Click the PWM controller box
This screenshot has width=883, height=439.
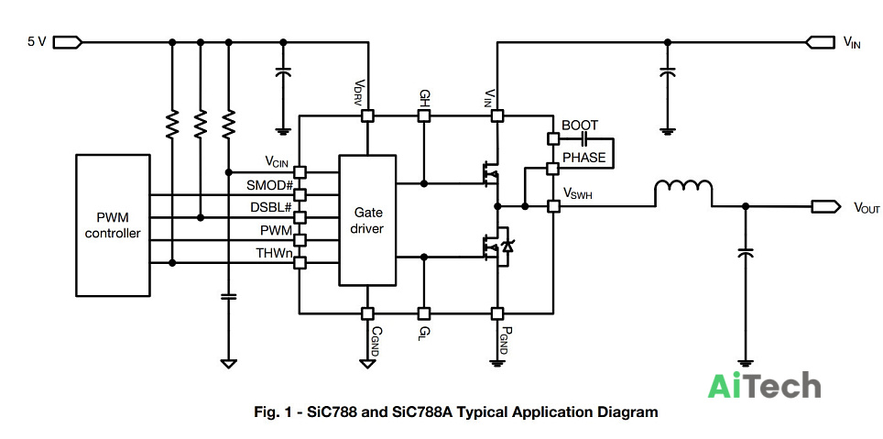pos(113,225)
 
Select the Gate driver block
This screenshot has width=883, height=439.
pos(366,220)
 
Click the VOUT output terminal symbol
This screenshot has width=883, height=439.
pos(825,207)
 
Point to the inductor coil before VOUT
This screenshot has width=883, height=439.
pos(683,192)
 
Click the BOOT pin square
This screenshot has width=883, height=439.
pos(553,138)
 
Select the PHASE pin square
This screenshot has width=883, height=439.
pos(553,168)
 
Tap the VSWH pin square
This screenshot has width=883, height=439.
pos(553,206)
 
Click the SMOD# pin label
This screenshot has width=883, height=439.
pos(269,185)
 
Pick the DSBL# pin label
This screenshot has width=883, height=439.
pos(271,207)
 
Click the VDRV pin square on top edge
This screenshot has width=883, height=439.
pos(367,116)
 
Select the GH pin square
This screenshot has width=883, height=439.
pos(424,116)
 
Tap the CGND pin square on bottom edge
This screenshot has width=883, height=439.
pos(367,313)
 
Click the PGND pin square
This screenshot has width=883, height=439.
pos(496,313)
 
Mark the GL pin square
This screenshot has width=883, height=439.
pos(424,313)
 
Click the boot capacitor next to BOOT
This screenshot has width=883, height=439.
pos(583,138)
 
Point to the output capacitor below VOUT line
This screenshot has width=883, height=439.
pos(746,254)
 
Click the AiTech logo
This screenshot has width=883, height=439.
pos(764,386)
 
